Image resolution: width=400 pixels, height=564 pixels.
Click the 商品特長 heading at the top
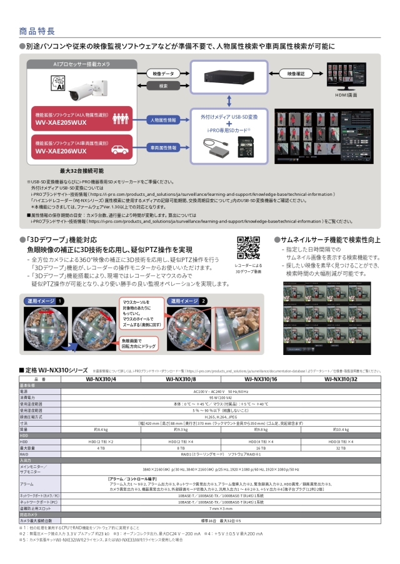tap(37, 30)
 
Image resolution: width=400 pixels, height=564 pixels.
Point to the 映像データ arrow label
tap(164, 74)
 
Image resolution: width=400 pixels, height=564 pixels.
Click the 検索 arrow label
tap(164, 86)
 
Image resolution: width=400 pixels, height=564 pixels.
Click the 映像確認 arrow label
tap(296, 74)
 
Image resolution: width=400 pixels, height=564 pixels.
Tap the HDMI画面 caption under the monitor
tap(346, 95)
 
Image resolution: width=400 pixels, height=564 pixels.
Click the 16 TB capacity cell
tap(261, 448)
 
